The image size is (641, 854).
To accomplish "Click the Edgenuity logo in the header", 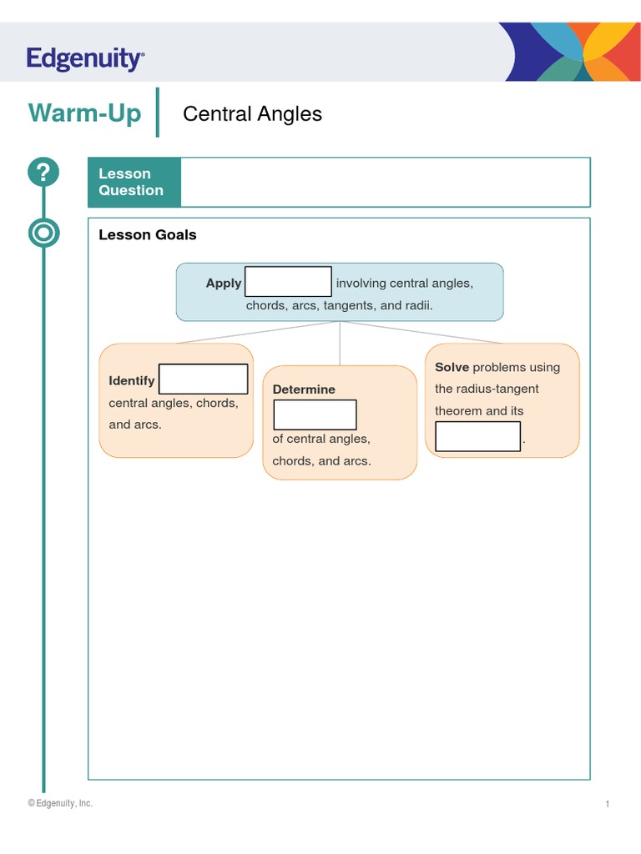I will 85,59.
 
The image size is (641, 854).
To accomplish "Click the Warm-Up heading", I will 84,113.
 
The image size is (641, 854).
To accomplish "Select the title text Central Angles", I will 252,113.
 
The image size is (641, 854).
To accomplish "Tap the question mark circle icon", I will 43,173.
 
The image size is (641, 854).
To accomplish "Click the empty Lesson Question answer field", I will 385,182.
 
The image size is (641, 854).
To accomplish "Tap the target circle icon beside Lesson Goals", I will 43,233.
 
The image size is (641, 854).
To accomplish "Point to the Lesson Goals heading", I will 148,234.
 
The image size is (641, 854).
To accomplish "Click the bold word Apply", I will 224,283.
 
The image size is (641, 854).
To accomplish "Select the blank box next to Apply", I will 288,282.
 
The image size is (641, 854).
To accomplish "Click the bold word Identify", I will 132,380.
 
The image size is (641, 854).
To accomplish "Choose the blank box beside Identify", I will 203,379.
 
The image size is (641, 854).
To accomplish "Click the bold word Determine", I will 304,389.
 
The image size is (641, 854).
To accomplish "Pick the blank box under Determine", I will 315,414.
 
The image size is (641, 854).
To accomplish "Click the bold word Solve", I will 452,367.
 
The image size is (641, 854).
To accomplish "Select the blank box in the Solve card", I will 477,436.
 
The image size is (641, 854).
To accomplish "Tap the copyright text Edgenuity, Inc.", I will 60,803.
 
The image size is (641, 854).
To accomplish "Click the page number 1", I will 608,804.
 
